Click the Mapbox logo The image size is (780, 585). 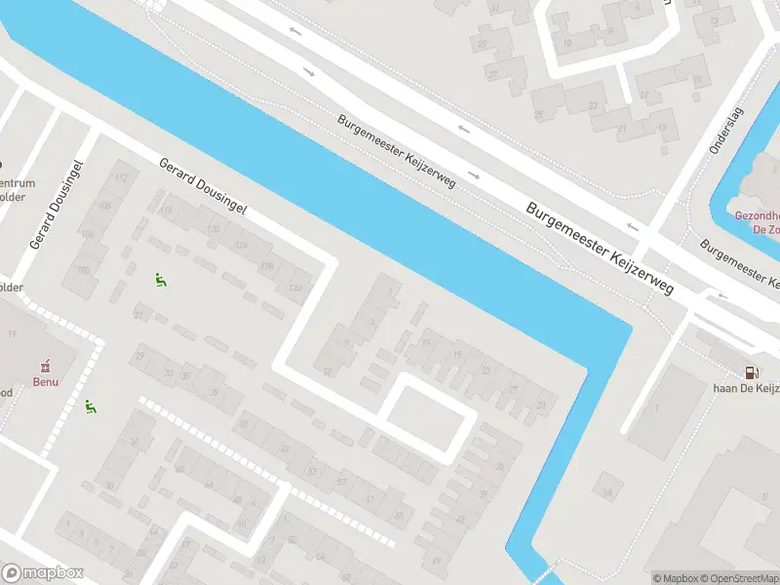click(43, 573)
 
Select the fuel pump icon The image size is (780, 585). click(751, 371)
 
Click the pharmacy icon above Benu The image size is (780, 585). click(43, 367)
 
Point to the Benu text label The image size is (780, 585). click(43, 381)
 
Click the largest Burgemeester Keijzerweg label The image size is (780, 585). click(600, 250)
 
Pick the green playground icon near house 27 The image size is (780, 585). click(160, 280)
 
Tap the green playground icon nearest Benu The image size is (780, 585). click(91, 407)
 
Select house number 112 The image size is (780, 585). click(121, 177)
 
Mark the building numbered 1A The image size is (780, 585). click(608, 492)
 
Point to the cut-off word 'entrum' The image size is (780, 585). click(18, 184)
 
